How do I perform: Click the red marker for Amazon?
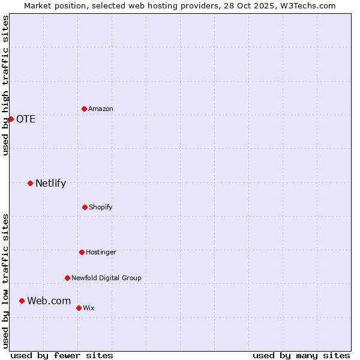pyautogui.click(x=84, y=109)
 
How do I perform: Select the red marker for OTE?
pyautogui.click(x=11, y=119)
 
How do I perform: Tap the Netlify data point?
pyautogui.click(x=30, y=183)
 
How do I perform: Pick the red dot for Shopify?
pyautogui.click(x=85, y=207)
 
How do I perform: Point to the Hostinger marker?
pyautogui.click(x=82, y=252)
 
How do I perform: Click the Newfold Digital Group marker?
pyautogui.click(x=67, y=278)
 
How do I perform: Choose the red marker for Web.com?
pyautogui.click(x=22, y=301)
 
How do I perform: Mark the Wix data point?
pyautogui.click(x=79, y=308)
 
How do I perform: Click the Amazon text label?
pyautogui.click(x=101, y=109)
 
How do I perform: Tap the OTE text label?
pyautogui.click(x=26, y=119)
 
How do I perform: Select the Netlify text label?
pyautogui.click(x=50, y=183)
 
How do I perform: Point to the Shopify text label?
pyautogui.click(x=101, y=207)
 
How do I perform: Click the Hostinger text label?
pyautogui.click(x=101, y=252)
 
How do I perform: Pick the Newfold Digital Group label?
pyautogui.click(x=106, y=278)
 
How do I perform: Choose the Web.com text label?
pyautogui.click(x=49, y=301)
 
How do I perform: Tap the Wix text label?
pyautogui.click(x=89, y=308)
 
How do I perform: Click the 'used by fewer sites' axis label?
pyautogui.click(x=62, y=355)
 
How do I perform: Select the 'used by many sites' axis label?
pyautogui.click(x=301, y=355)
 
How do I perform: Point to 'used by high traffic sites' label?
pyautogui.click(x=5, y=85)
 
